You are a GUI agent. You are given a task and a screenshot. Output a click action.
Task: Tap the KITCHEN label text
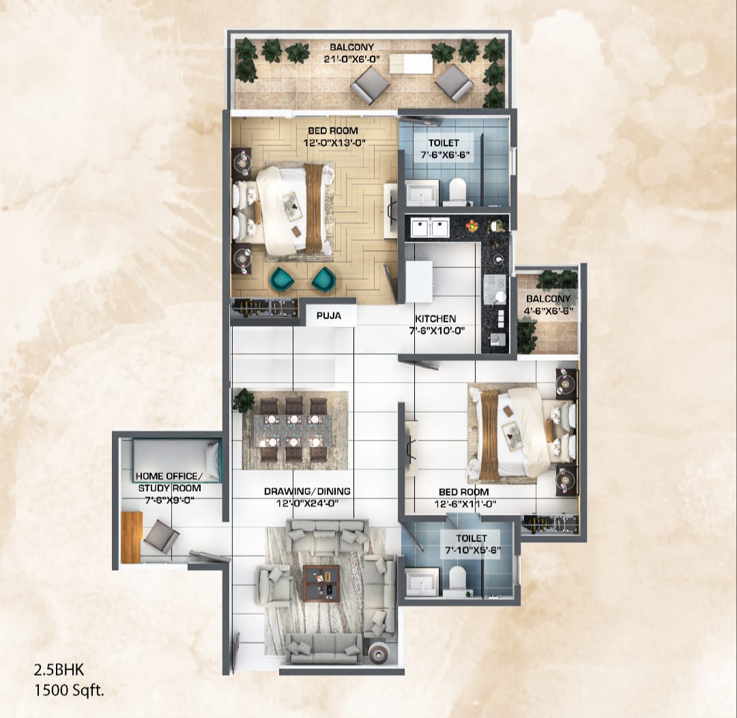(435, 318)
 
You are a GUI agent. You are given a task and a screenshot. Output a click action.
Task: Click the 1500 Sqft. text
(69, 690)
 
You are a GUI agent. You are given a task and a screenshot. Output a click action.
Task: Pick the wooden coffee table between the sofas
(321, 582)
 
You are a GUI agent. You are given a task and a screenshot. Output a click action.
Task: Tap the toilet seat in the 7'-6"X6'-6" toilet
(457, 190)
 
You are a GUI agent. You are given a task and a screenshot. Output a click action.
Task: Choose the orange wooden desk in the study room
(131, 537)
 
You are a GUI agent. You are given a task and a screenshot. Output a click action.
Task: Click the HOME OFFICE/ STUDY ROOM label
(169, 481)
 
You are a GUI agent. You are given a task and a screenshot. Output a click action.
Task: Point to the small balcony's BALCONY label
(548, 299)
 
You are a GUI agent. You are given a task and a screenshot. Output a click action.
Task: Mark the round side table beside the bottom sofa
(377, 653)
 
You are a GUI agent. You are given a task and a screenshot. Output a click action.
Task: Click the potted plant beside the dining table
(242, 401)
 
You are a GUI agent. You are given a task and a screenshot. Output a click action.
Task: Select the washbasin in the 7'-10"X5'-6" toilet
(422, 582)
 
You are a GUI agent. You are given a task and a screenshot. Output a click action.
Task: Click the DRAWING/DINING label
(307, 491)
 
